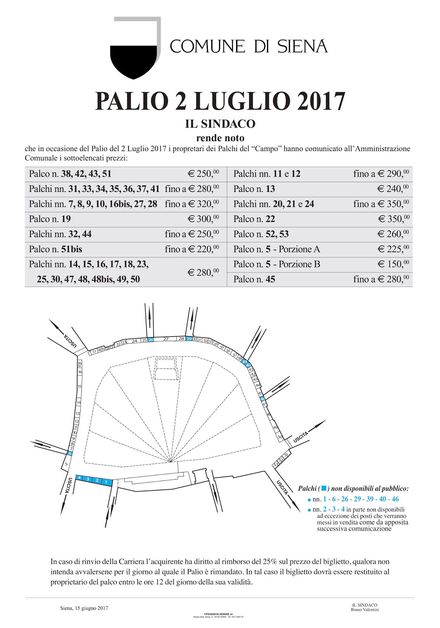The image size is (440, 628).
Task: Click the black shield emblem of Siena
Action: point(134,61)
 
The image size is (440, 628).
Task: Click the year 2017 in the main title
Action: point(321,101)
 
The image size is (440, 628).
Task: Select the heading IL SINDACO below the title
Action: point(220,124)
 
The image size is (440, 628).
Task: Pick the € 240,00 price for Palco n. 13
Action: point(393,189)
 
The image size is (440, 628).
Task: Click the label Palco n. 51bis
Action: point(55,249)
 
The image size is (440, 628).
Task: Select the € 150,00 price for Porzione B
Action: point(393,264)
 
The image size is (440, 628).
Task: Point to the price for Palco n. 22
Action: point(393,219)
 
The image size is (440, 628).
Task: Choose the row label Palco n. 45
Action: point(254,279)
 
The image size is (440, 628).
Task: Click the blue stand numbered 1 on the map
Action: point(106,481)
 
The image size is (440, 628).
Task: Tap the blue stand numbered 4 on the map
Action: point(79,478)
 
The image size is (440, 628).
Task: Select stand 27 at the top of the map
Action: point(166,339)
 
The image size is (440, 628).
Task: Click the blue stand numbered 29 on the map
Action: point(189,339)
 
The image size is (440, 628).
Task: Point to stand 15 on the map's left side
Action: point(80,387)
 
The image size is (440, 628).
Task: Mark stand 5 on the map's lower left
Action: point(66,464)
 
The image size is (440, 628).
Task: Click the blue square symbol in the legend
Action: point(324,488)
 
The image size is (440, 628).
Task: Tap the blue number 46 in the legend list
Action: point(395,499)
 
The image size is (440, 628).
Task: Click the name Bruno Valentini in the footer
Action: point(365,610)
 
